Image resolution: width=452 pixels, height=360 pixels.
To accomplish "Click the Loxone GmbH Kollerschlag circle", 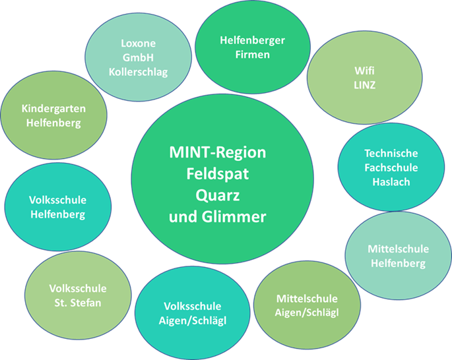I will (x=139, y=57).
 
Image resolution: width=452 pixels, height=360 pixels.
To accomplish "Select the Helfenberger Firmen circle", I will (x=253, y=47).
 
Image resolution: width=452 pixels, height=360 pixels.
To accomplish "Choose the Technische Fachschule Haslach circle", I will (x=391, y=167).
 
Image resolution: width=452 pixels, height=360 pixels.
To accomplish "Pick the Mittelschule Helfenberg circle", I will (x=398, y=256).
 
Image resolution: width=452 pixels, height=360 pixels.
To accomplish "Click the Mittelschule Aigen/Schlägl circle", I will (x=307, y=305).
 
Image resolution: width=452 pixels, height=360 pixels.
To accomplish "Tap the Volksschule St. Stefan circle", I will (x=77, y=295).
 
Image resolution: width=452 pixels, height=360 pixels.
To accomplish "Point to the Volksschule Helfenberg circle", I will (x=57, y=206).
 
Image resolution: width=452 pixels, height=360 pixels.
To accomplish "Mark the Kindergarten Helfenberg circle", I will (x=53, y=115).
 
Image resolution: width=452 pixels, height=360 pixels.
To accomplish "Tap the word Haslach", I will (x=391, y=181).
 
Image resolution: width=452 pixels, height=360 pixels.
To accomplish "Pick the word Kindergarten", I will (x=53, y=108).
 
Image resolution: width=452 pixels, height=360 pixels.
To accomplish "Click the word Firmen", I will (x=253, y=55).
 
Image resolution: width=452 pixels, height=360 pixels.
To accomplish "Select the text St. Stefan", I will (x=77, y=303).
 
